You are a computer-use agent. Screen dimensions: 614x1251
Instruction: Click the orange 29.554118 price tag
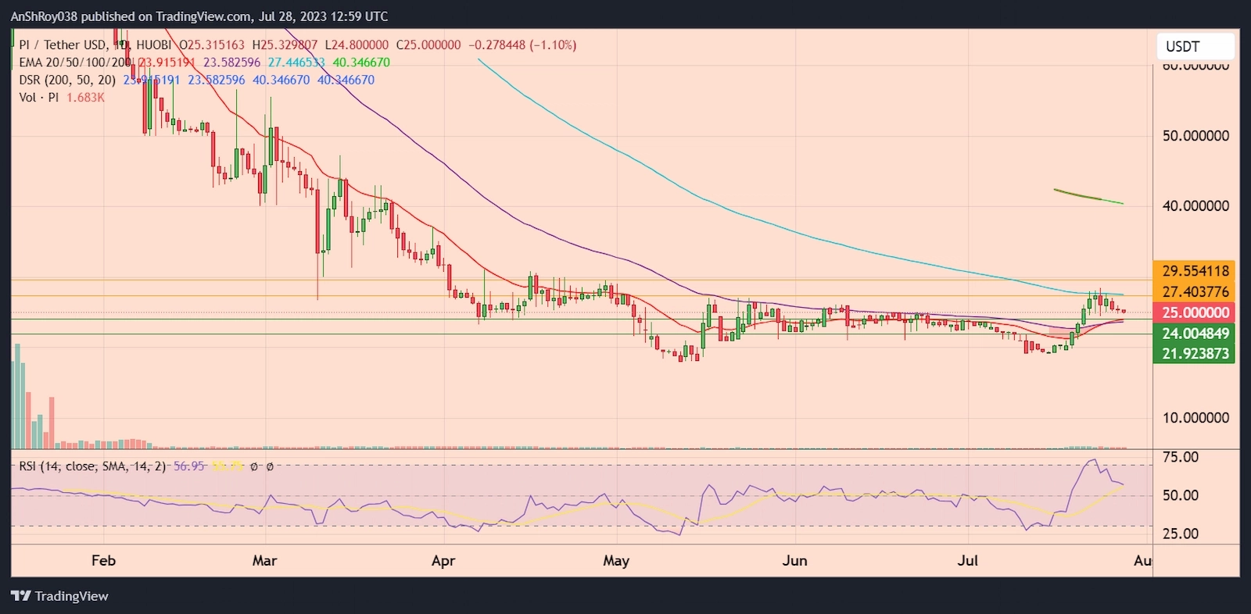click(1195, 271)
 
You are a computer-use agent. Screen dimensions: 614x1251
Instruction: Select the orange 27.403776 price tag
click(1195, 292)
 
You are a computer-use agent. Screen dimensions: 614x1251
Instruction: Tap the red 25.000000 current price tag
click(1195, 312)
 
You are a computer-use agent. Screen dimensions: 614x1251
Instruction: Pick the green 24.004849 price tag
click(1195, 334)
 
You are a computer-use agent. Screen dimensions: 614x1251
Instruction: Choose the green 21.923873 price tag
click(1195, 354)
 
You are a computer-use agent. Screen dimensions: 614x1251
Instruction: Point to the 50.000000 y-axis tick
click(1195, 136)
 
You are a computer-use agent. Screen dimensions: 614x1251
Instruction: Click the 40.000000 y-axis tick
click(1195, 206)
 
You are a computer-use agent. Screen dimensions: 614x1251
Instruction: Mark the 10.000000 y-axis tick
click(1195, 418)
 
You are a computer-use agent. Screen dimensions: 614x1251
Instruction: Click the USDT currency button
click(1194, 47)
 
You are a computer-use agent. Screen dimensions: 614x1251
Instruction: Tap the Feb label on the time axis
click(103, 560)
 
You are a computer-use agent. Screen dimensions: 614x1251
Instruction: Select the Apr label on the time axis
click(443, 560)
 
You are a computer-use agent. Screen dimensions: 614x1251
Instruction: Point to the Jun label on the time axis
click(794, 560)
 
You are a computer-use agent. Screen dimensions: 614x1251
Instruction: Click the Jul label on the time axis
click(968, 560)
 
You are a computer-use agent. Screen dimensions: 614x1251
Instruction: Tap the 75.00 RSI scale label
click(1180, 457)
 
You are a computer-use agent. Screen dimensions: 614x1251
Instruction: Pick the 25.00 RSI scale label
click(1180, 534)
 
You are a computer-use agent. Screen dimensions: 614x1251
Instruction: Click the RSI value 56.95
click(188, 466)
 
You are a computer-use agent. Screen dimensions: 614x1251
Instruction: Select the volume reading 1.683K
click(85, 98)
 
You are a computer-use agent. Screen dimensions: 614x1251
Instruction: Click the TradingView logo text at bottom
click(71, 596)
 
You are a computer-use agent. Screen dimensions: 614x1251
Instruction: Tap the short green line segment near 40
click(1088, 196)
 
